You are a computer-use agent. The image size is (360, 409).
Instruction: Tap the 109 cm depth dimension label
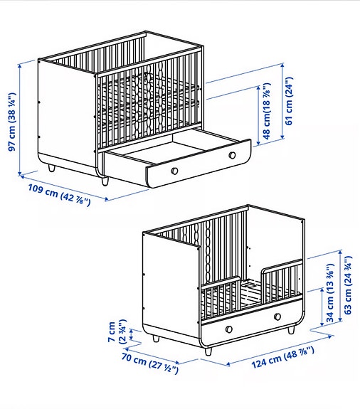coord(58,196)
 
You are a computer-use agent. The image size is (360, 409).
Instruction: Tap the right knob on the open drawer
coord(232,156)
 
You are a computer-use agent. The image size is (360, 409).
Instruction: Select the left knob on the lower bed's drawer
coord(229,328)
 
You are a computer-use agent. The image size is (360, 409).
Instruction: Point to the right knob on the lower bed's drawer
coord(275,316)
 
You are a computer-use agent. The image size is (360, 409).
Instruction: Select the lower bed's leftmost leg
coord(155,339)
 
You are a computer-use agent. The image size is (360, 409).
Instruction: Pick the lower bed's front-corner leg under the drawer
coord(208,350)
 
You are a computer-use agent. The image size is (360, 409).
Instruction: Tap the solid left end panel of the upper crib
coord(65,114)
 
